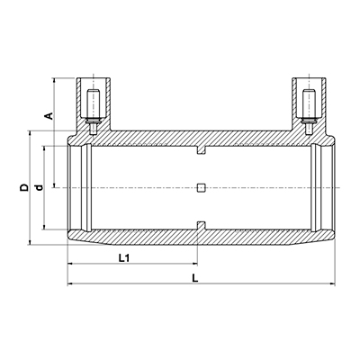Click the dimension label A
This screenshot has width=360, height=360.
[49, 116]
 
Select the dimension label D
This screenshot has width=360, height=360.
[24, 187]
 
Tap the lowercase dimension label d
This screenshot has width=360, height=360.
[39, 188]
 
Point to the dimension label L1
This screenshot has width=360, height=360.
[123, 257]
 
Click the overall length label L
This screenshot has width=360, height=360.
[195, 278]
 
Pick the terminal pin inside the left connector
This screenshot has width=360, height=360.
[94, 112]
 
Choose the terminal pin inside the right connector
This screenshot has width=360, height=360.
[309, 112]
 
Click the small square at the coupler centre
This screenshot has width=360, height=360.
[202, 188]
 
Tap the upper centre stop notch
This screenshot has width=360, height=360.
[202, 150]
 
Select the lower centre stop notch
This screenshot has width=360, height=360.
[202, 226]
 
